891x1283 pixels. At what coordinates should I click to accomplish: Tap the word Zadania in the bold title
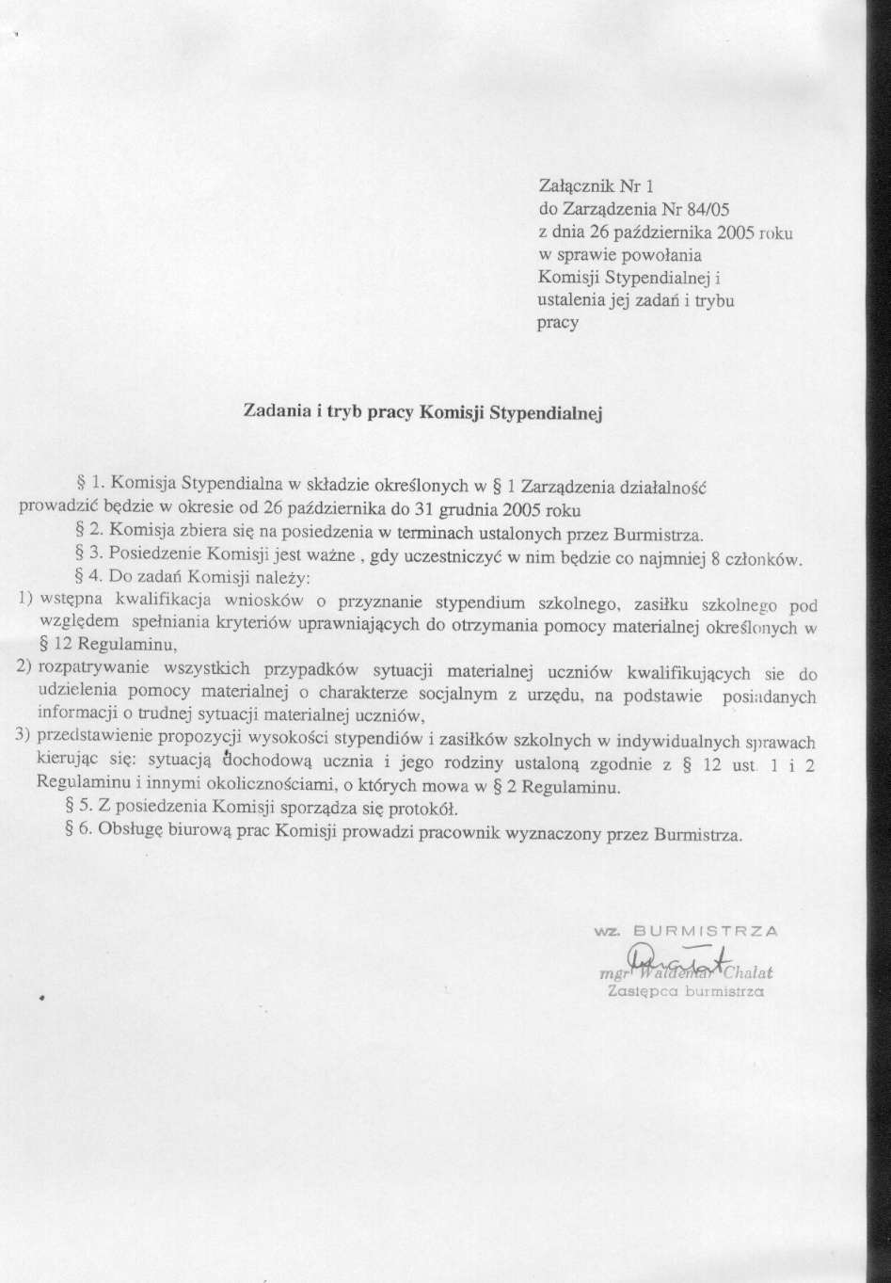click(x=274, y=411)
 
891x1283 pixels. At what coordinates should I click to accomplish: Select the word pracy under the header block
click(x=557, y=323)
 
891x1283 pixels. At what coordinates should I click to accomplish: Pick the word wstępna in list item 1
click(x=73, y=601)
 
